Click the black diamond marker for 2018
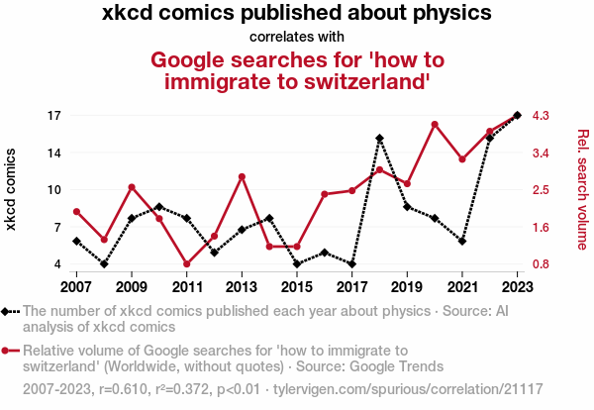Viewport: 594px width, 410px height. pyautogui.click(x=380, y=139)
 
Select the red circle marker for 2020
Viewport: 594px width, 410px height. pyautogui.click(x=435, y=124)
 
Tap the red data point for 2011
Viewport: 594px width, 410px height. pyautogui.click(x=186, y=264)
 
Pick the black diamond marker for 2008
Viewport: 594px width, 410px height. pyautogui.click(x=104, y=264)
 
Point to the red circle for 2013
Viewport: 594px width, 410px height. pyautogui.click(x=242, y=176)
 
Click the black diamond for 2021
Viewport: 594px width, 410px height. pyautogui.click(x=462, y=241)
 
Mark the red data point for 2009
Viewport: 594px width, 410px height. pyautogui.click(x=132, y=187)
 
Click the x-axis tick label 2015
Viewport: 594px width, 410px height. pyautogui.click(x=297, y=287)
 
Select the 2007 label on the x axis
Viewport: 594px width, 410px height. pyautogui.click(x=76, y=287)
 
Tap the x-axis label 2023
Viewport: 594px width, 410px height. pyautogui.click(x=518, y=287)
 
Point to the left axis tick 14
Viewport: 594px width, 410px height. pyautogui.click(x=53, y=153)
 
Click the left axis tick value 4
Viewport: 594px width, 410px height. pyautogui.click(x=57, y=264)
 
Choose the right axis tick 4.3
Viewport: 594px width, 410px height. pyautogui.click(x=541, y=116)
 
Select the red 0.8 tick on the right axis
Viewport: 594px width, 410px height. pyautogui.click(x=541, y=264)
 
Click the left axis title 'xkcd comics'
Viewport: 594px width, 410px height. pyautogui.click(x=12, y=189)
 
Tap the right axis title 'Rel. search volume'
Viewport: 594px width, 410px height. pyautogui.click(x=582, y=189)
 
